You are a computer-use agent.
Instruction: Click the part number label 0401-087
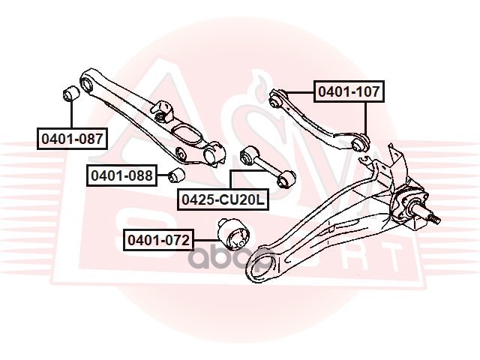pyautogui.click(x=71, y=139)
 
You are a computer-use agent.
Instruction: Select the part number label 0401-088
pyautogui.click(x=121, y=175)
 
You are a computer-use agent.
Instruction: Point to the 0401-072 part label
pyautogui.click(x=158, y=241)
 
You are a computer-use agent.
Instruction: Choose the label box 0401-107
pyautogui.click(x=348, y=93)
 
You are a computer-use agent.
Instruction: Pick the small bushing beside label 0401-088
pyautogui.click(x=177, y=175)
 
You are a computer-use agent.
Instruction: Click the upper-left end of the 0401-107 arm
pyautogui.click(x=276, y=96)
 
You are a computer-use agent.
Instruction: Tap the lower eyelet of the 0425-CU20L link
pyautogui.click(x=286, y=180)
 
